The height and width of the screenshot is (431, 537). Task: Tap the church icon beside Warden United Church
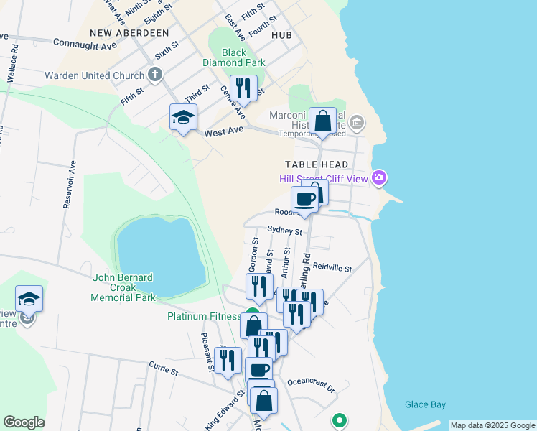[x=154, y=75]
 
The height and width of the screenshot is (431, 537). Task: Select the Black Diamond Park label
[x=234, y=57]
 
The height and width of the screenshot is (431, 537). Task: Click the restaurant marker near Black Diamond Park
[x=243, y=89]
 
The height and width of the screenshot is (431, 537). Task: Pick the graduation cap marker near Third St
[x=183, y=117]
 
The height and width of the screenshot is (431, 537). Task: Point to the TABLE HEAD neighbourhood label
[x=315, y=164]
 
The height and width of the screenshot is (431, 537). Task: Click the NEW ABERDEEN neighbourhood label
[x=129, y=33]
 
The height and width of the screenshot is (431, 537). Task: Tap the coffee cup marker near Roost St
[x=304, y=200]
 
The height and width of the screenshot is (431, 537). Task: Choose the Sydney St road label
[x=284, y=231]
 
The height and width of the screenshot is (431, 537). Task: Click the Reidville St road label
[x=332, y=268]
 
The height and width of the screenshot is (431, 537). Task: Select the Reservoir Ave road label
[x=70, y=184]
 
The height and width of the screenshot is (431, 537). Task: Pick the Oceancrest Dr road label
[x=311, y=386]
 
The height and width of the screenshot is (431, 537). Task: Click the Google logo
[x=24, y=422]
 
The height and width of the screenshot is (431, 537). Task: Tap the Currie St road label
[x=164, y=371]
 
